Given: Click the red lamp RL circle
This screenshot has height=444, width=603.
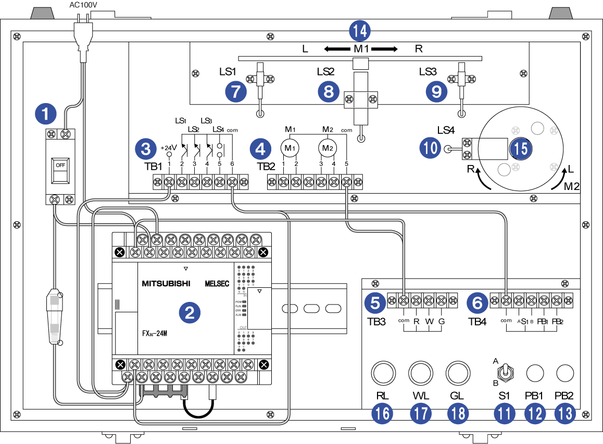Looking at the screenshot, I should click(x=383, y=373).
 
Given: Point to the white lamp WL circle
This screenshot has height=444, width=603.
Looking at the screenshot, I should click(x=420, y=373).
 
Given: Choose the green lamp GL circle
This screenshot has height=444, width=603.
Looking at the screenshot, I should click(x=457, y=373).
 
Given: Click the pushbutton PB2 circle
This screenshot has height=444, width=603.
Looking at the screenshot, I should click(x=565, y=373).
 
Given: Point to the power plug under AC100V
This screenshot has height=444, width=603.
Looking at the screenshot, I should click(x=82, y=36).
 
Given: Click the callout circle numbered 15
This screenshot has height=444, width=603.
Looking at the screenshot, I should click(x=519, y=148).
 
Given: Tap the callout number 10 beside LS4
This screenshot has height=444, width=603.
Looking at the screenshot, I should click(x=430, y=148).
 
